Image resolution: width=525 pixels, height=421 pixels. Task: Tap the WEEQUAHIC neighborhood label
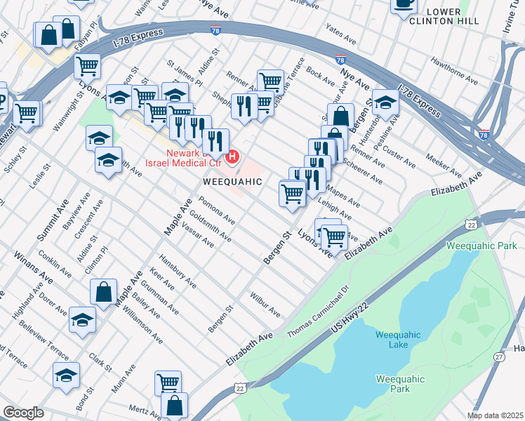click(232, 181)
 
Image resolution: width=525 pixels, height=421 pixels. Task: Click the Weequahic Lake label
click(398, 338)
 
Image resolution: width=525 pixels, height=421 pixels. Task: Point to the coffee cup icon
click(403, 4)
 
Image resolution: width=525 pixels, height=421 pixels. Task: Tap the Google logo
click(23, 412)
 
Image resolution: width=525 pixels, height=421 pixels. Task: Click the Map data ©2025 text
click(494, 415)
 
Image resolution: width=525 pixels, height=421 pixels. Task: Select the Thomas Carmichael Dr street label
click(319, 309)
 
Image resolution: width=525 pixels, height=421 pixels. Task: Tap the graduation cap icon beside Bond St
click(66, 375)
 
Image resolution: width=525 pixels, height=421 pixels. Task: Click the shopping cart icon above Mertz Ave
click(168, 382)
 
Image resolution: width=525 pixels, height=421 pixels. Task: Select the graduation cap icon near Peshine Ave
click(385, 102)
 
